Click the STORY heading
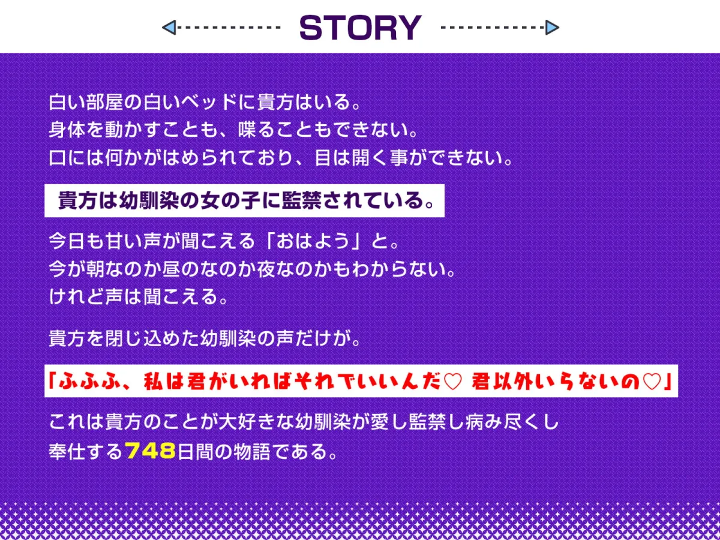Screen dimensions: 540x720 (x=360, y=28)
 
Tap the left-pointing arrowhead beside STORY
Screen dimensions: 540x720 (x=169, y=27)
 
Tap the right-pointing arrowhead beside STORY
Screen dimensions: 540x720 (x=552, y=27)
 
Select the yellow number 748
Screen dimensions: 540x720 (x=151, y=451)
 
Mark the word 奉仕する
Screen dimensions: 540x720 (x=86, y=451)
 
